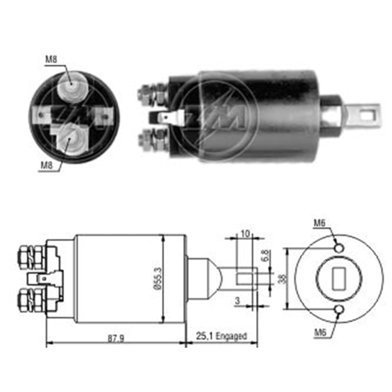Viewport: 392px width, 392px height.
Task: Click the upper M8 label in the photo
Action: pyautogui.click(x=51, y=60)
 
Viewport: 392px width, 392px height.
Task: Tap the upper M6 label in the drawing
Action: pyautogui.click(x=319, y=223)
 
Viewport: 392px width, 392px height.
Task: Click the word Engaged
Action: pyautogui.click(x=232, y=336)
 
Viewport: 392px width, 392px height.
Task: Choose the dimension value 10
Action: pyautogui.click(x=245, y=234)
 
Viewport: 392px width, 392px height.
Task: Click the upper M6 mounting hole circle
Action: pyautogui.click(x=339, y=247)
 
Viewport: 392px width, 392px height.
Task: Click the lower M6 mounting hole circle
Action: pyautogui.click(x=339, y=310)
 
